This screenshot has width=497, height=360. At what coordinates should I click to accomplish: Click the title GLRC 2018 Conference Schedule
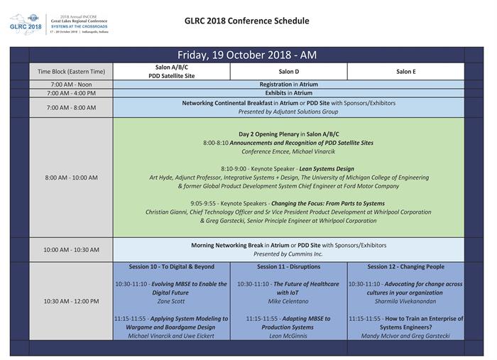[246, 21]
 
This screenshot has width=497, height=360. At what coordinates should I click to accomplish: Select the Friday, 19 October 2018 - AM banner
[246, 55]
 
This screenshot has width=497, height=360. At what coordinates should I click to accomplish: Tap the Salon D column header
[288, 72]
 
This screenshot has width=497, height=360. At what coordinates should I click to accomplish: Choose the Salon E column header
[405, 72]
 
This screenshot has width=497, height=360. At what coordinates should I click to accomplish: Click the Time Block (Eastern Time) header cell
[71, 72]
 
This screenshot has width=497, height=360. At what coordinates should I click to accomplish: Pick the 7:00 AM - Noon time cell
[71, 84]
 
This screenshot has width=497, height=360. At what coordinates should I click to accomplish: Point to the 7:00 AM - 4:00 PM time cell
[71, 93]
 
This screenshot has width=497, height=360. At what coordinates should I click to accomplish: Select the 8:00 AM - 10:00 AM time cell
[71, 178]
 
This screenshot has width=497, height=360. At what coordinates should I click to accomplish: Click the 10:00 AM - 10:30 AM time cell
[71, 250]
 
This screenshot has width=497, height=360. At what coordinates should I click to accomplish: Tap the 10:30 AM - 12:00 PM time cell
[71, 301]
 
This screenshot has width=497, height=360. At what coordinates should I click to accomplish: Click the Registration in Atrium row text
[288, 84]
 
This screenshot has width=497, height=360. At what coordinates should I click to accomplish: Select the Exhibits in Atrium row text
[288, 93]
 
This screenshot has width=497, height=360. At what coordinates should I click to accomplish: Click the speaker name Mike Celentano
[288, 301]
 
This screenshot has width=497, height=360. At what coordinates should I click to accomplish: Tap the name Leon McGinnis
[288, 336]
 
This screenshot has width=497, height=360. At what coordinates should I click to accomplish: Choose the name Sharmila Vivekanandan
[405, 301]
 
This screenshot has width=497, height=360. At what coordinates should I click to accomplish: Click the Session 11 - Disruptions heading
[288, 267]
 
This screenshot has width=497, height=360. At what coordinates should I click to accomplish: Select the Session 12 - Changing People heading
[405, 267]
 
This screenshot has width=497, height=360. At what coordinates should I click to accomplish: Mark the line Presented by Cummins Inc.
[288, 254]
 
